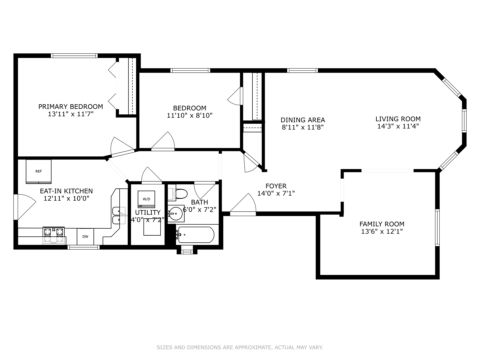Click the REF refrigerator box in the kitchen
click(x=39, y=171)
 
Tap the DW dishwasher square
click(x=85, y=237)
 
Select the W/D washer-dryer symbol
click(x=146, y=199)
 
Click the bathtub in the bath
click(x=196, y=235)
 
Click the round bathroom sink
click(x=175, y=213)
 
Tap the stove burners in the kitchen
click(x=54, y=235)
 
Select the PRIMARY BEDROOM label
click(x=71, y=107)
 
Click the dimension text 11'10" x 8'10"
click(x=190, y=116)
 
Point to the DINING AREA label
click(x=303, y=120)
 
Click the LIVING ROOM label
click(x=398, y=119)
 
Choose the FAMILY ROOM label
click(x=382, y=224)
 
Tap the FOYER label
click(x=276, y=186)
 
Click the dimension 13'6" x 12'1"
click(x=382, y=232)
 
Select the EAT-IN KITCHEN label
click(x=66, y=191)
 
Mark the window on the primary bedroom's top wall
click(x=74, y=56)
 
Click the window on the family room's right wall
click(x=437, y=228)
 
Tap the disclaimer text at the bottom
click(x=240, y=347)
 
